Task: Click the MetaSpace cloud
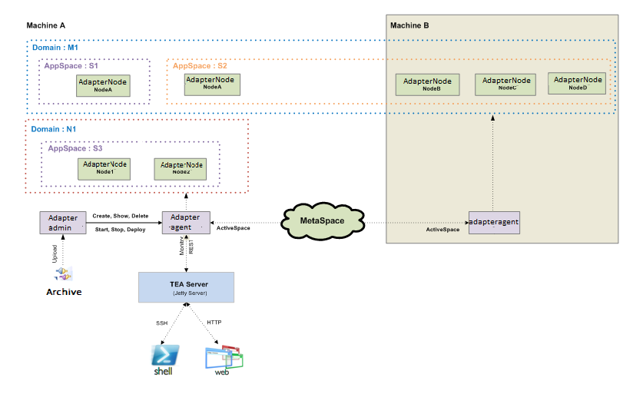coord(322,222)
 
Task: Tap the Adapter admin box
coord(62,223)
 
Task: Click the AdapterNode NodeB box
coord(427,84)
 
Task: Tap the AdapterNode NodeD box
coord(577,83)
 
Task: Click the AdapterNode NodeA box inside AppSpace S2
coord(211,83)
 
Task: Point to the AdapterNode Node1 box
coord(105,168)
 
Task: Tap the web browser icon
coord(224,358)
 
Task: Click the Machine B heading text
coord(409,25)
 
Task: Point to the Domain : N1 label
coord(53,129)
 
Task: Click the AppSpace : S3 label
coord(75,147)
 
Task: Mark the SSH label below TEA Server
coord(161,323)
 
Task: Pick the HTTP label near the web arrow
coord(214,322)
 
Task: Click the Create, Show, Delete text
coord(120,216)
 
